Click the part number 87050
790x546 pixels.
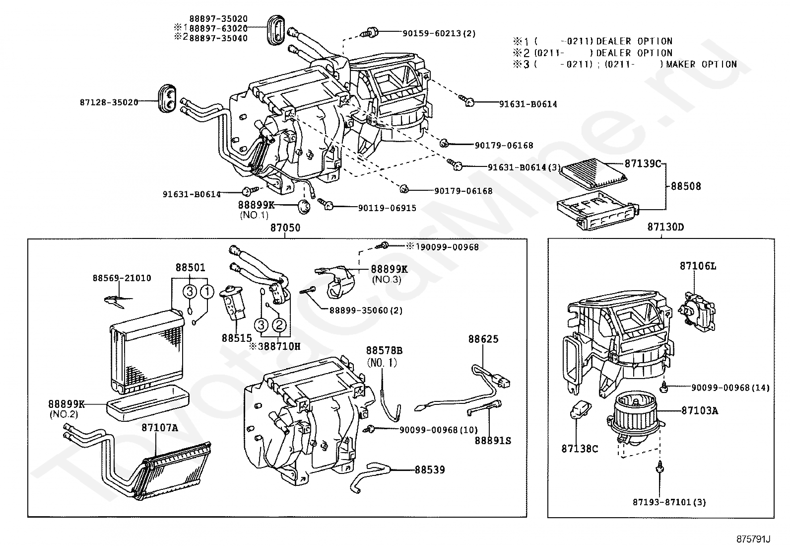[285, 228]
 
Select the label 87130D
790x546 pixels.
[665, 227]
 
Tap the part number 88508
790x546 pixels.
[686, 186]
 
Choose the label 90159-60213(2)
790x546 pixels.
[439, 33]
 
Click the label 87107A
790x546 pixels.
[159, 427]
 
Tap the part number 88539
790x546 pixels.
[430, 469]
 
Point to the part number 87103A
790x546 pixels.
[699, 410]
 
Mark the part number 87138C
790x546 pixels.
[580, 449]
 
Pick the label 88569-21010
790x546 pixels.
[122, 278]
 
